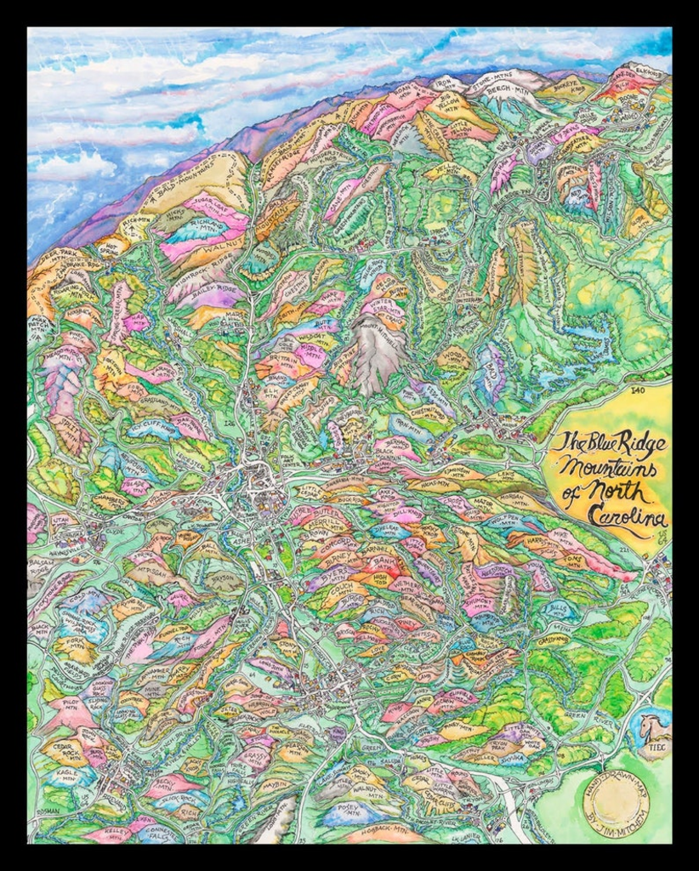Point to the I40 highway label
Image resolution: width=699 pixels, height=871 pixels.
pos(639,390)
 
